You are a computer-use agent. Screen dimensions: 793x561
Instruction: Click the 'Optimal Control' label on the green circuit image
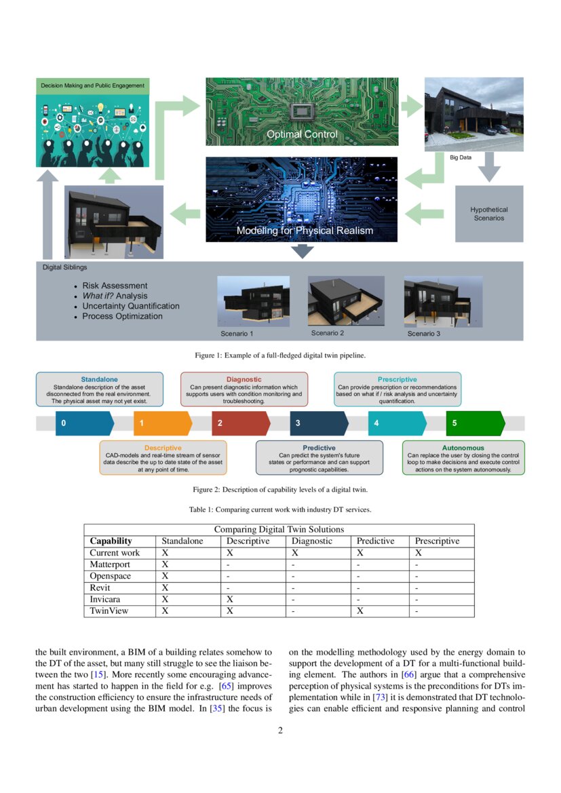pyautogui.click(x=302, y=134)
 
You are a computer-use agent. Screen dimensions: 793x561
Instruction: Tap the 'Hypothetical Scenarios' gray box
pyautogui.click(x=488, y=214)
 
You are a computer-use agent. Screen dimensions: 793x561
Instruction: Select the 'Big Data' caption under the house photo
pyautogui.click(x=461, y=157)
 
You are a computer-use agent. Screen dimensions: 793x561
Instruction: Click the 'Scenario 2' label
pyautogui.click(x=328, y=333)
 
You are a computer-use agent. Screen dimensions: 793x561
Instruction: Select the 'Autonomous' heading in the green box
pyautogui.click(x=463, y=448)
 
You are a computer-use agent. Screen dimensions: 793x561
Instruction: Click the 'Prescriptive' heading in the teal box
pyautogui.click(x=397, y=379)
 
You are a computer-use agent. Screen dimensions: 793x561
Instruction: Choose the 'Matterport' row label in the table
pyautogui.click(x=110, y=564)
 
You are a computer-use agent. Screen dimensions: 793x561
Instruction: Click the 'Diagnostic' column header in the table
pyautogui.click(x=312, y=541)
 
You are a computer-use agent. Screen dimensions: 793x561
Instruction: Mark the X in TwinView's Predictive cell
pyautogui.click(x=360, y=611)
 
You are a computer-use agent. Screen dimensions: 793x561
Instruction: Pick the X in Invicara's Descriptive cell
pyautogui.click(x=230, y=600)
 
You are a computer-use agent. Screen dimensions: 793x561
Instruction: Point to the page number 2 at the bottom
pyautogui.click(x=280, y=731)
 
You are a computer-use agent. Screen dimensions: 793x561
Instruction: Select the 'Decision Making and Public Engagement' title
pyautogui.click(x=92, y=85)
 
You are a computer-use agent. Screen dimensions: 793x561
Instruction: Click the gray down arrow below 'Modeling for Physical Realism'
pyautogui.click(x=302, y=252)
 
